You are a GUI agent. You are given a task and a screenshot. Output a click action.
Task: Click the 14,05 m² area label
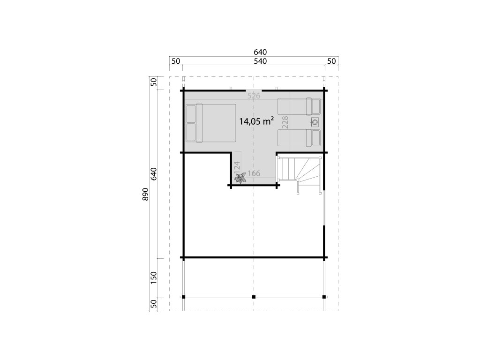tap(256, 121)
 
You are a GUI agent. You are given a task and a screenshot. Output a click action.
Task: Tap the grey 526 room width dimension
tap(254, 96)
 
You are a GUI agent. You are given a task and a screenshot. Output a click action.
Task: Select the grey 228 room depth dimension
tap(285, 122)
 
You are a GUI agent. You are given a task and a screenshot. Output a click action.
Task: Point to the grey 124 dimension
tap(237, 167)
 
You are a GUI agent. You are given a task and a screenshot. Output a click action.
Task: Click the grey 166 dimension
tap(254, 173)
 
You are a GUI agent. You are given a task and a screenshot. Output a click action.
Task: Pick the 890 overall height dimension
tap(145, 194)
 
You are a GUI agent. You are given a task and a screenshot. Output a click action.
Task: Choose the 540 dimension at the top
tap(260, 61)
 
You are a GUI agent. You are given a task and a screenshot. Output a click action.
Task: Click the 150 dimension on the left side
tap(154, 277)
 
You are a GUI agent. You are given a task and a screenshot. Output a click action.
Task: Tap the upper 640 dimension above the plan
tap(260, 52)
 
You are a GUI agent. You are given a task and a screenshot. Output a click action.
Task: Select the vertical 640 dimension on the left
tap(154, 174)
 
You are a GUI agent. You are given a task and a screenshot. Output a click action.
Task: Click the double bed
tap(211, 123)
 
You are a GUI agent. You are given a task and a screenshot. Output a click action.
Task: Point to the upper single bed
tap(299, 106)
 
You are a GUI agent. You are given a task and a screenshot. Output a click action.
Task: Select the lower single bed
tap(299, 138)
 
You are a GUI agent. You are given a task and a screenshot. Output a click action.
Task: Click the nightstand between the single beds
tap(315, 122)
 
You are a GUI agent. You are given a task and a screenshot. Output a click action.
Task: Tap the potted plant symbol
tap(240, 178)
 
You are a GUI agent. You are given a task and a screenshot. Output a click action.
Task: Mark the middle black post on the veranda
tap(254, 297)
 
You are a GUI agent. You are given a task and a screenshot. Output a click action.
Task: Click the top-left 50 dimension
tap(176, 61)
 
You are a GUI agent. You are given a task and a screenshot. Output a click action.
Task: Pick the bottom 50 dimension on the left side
tap(154, 304)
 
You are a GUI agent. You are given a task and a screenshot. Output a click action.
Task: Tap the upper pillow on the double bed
tap(191, 114)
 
